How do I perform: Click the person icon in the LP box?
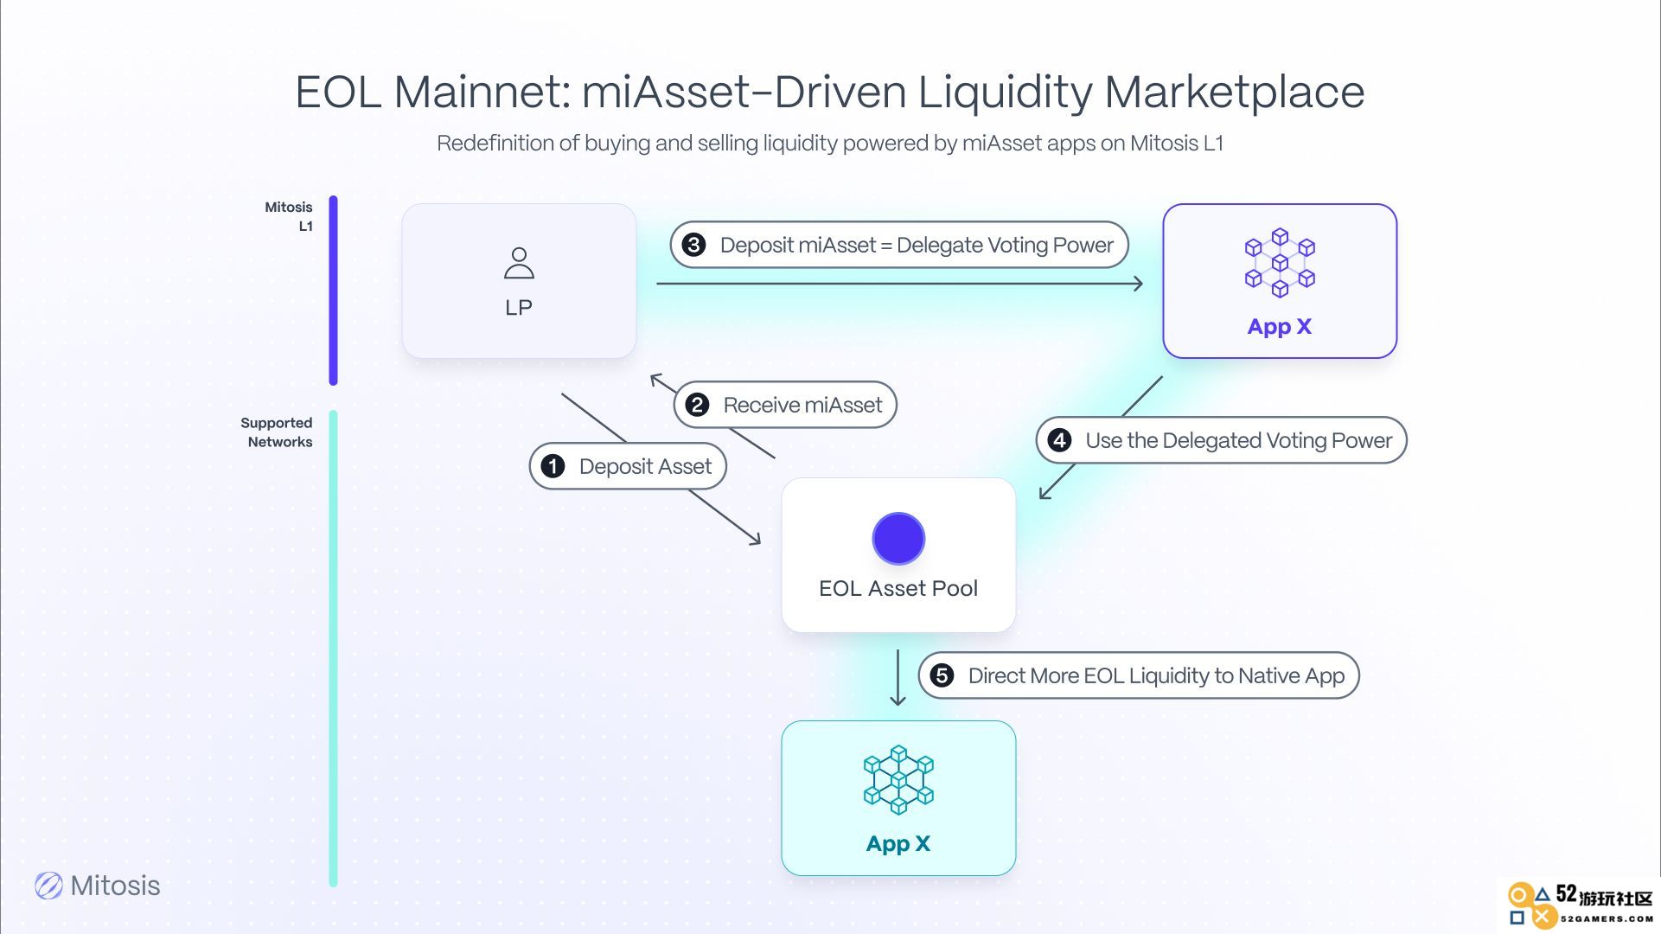[x=519, y=263]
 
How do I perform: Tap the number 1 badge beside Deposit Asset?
[x=553, y=466]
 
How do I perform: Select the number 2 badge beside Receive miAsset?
[x=697, y=405]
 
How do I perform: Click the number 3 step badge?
[x=693, y=245]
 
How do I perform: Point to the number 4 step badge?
[x=1059, y=440]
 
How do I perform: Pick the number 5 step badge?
[x=942, y=675]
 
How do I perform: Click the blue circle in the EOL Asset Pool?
[x=898, y=538]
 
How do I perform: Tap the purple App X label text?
[x=1280, y=327]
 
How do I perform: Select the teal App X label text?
[x=898, y=844]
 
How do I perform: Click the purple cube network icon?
[x=1280, y=263]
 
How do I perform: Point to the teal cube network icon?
[x=898, y=779]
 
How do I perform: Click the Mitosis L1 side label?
[x=289, y=216]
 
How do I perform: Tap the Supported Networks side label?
[x=277, y=432]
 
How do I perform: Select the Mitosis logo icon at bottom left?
[x=48, y=886]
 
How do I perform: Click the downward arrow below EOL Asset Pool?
[x=898, y=677]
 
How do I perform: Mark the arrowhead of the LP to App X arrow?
[x=1139, y=284]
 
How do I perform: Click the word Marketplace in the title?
[x=1235, y=92]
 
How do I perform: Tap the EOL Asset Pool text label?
[x=898, y=588]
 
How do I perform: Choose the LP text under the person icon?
[x=519, y=308]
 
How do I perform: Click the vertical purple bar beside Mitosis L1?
[x=333, y=291]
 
